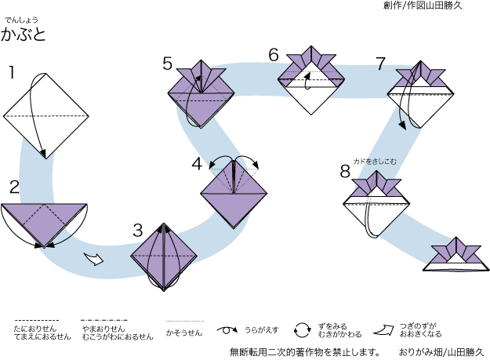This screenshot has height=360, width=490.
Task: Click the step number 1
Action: coord(12,74)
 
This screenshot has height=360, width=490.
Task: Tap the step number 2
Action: coord(14,187)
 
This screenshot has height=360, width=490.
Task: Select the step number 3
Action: coord(138,230)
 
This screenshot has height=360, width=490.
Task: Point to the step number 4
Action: coord(197,164)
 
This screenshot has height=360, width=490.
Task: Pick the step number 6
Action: coord(274,54)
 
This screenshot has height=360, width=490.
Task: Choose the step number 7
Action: coord(381,64)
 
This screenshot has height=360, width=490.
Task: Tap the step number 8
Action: coord(345,171)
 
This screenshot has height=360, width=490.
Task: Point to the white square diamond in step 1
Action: coord(44,116)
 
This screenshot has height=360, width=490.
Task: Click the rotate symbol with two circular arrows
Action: coord(303,330)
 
